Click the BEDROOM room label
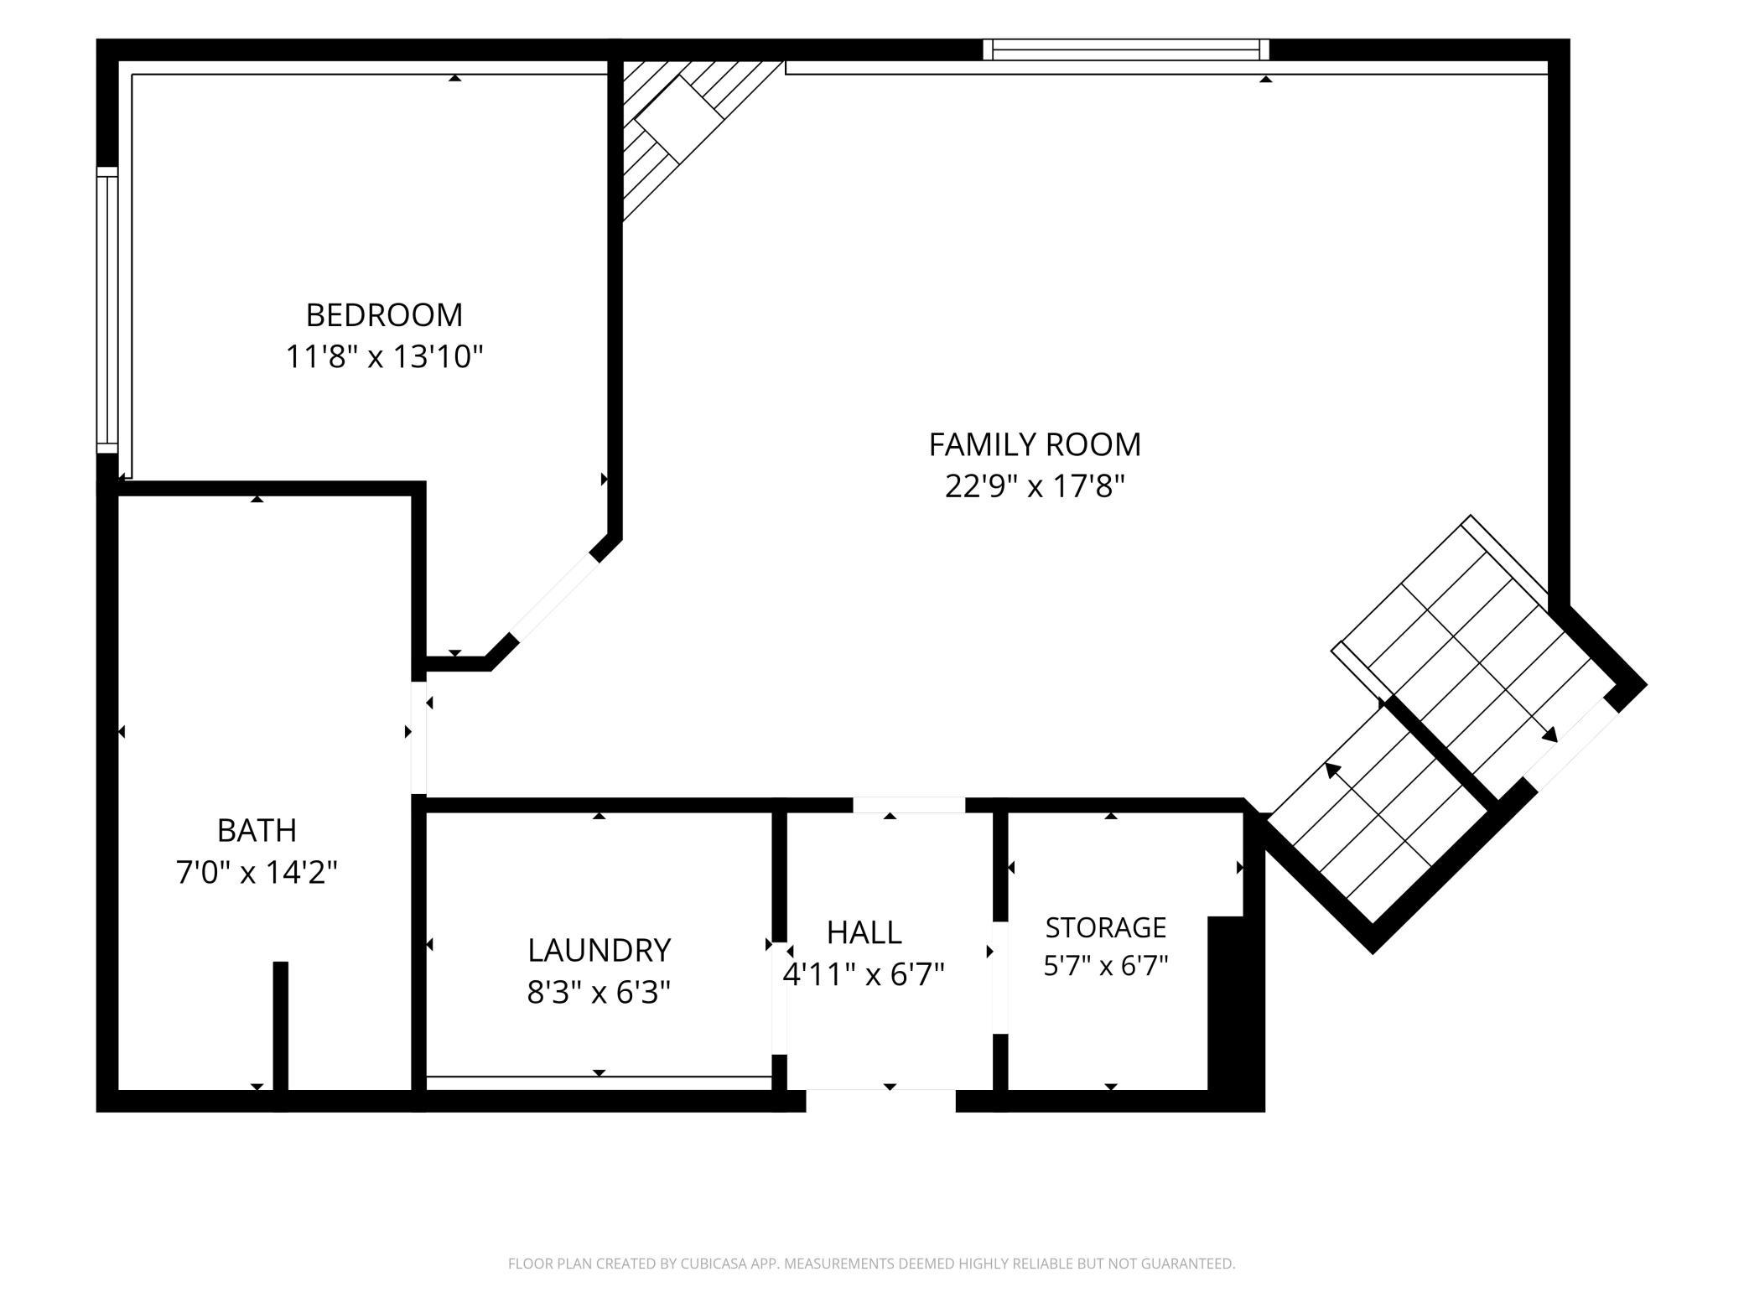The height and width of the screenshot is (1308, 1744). pos(384,315)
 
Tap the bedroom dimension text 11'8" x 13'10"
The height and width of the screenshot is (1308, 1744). pos(385,357)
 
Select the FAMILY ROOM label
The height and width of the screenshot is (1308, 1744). pos(1035,444)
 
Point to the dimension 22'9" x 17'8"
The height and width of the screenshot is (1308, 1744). pos(1035,486)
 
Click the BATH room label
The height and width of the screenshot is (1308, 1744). pos(257,831)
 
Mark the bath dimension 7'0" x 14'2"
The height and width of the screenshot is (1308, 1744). pos(257,873)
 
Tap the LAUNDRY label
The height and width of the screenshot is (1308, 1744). pos(599,951)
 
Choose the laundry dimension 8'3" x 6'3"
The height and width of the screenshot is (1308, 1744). pos(599,993)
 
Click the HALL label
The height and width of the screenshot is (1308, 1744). pos(864,932)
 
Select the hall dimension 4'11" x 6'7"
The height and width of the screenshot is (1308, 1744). pos(864,974)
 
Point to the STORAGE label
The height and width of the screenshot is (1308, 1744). pos(1106,927)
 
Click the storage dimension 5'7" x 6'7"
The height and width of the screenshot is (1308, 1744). pos(1106,967)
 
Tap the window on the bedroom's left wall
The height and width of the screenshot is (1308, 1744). pos(107,310)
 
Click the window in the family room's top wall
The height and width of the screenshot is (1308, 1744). pos(1126,49)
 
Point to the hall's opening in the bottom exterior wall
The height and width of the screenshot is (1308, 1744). pos(880,1101)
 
